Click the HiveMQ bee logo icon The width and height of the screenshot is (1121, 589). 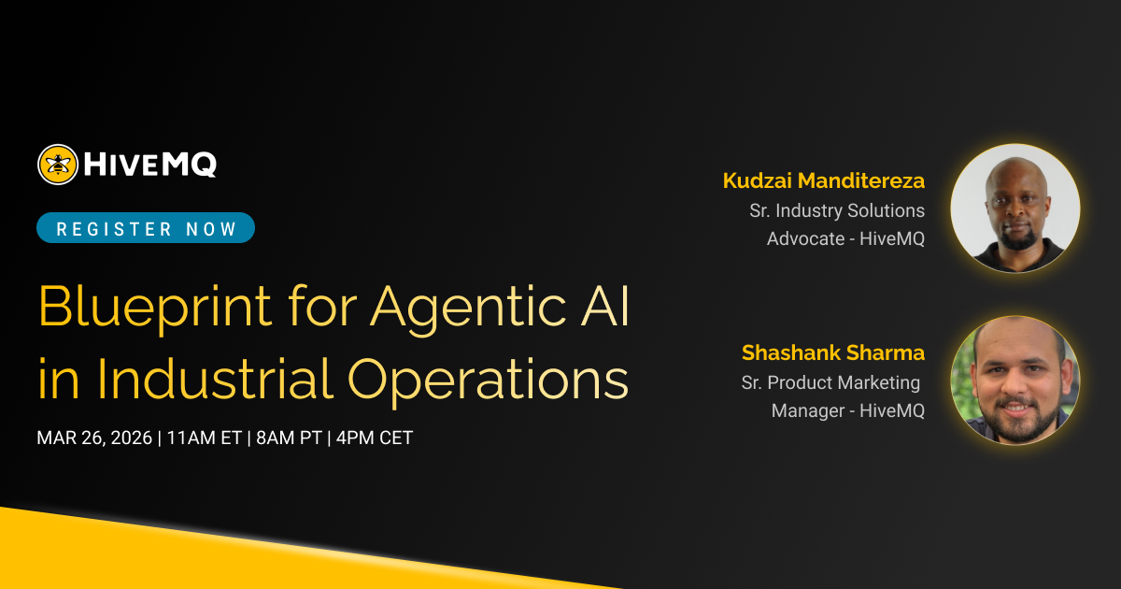[58, 165]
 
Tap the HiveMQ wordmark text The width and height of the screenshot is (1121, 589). [150, 165]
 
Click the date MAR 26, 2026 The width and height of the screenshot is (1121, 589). [94, 438]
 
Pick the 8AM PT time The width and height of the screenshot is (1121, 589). [288, 438]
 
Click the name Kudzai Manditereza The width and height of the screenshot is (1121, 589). [823, 180]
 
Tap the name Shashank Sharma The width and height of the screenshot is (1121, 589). [832, 352]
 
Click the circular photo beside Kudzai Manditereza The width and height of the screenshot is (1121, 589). [1015, 208]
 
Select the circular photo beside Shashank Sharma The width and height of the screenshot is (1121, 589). [1015, 381]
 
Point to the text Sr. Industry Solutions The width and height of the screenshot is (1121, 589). [836, 210]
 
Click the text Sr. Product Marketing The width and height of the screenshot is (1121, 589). [830, 382]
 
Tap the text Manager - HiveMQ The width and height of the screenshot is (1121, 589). [847, 410]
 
